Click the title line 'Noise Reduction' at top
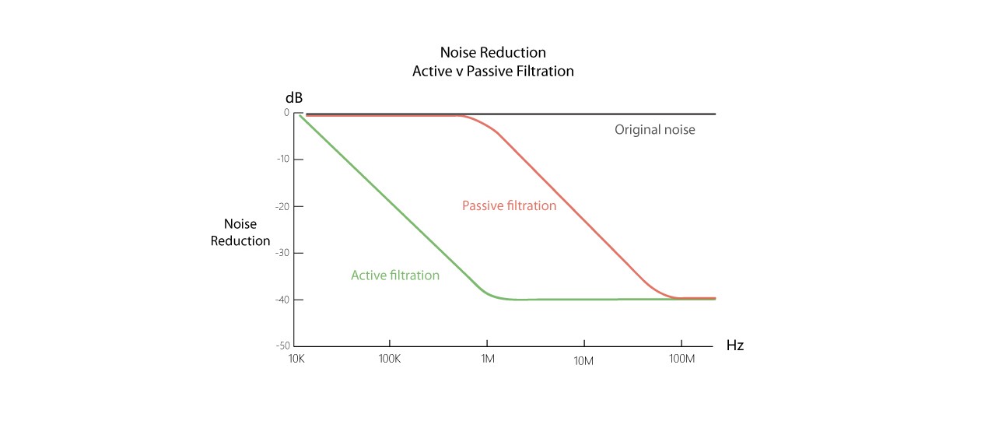[493, 53]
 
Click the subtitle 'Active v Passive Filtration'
[493, 72]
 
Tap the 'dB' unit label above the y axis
[293, 99]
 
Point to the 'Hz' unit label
[734, 346]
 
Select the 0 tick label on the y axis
[286, 113]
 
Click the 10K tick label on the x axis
[296, 360]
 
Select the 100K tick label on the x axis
[389, 360]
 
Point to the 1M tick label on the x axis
[487, 360]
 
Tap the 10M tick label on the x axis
[584, 360]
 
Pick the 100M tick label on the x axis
[681, 360]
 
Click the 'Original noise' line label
[654, 130]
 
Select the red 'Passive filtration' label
[509, 206]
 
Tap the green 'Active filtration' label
[395, 275]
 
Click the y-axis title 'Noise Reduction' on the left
[240, 233]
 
